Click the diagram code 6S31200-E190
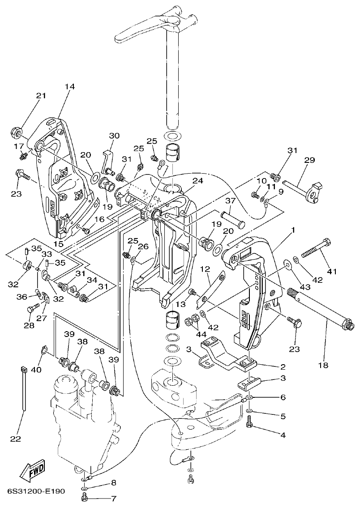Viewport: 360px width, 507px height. pos(36,491)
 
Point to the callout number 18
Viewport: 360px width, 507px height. pos(322,365)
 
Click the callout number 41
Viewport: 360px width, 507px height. pos(332,271)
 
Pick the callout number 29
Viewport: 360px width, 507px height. pos(310,160)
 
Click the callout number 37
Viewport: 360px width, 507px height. pos(230,200)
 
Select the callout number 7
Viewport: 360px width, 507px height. pos(113,498)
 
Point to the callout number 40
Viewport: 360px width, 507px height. pos(36,370)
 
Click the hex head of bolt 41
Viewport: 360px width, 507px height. pos(326,243)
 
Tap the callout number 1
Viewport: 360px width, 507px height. pos(293,230)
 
